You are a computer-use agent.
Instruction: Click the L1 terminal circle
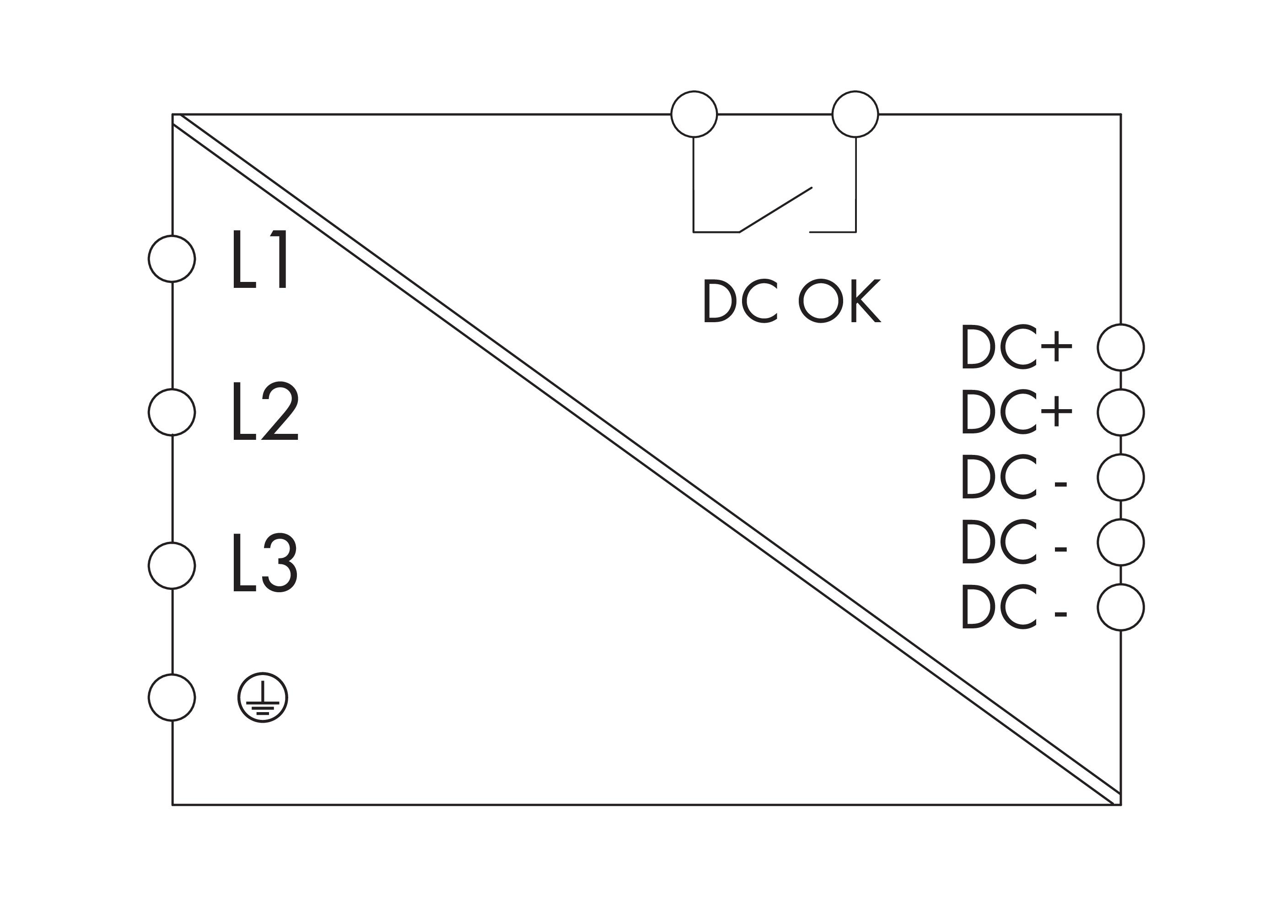(x=172, y=259)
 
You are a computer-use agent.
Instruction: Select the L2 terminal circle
(x=172, y=412)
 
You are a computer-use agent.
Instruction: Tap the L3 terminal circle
(x=172, y=565)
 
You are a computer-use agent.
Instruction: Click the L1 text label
(x=260, y=259)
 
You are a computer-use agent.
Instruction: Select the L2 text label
(x=265, y=411)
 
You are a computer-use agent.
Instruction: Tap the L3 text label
(x=265, y=563)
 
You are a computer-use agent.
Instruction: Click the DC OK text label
(x=791, y=301)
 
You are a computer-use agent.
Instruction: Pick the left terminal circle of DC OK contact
(x=694, y=114)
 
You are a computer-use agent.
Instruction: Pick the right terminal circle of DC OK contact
(x=855, y=114)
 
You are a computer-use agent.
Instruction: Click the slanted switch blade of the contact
(x=775, y=210)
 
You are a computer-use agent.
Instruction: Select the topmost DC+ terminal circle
(x=1121, y=347)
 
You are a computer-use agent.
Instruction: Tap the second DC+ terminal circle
(x=1121, y=412)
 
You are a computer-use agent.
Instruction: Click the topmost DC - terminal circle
(x=1121, y=477)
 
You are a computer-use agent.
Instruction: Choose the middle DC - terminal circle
(x=1121, y=542)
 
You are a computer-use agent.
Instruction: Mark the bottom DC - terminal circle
(x=1121, y=607)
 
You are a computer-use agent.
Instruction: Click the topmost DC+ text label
(x=1016, y=347)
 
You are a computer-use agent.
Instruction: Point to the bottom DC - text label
(x=1014, y=607)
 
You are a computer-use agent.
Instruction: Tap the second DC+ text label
(x=1016, y=412)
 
